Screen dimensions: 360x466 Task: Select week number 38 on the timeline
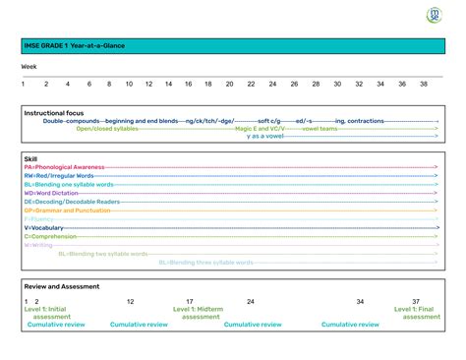tap(423, 84)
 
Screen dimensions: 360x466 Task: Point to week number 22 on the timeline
tap(251, 84)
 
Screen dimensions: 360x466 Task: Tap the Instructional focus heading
tap(54, 113)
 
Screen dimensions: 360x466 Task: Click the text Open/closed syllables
tap(107, 129)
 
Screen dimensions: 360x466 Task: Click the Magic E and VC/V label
tap(260, 129)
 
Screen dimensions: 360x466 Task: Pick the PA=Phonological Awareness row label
tap(65, 168)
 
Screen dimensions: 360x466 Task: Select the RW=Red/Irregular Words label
tap(59, 176)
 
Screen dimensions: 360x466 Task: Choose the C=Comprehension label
tap(56, 237)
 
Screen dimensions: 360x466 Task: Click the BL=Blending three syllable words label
tap(206, 263)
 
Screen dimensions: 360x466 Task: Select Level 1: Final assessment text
tap(417, 313)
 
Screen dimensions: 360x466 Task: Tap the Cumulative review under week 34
tap(352, 325)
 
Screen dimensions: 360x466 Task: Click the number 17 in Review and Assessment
tap(190, 301)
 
